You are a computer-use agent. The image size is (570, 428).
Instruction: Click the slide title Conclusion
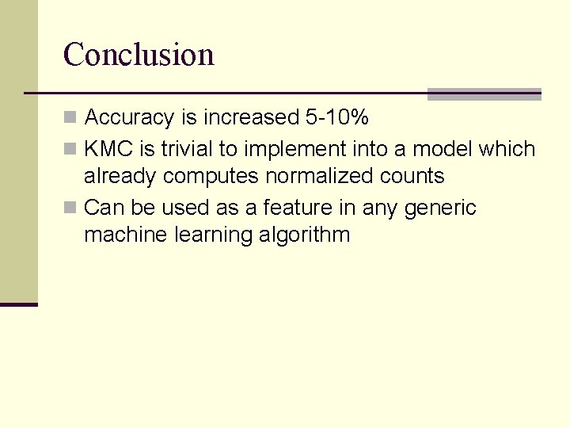(x=139, y=55)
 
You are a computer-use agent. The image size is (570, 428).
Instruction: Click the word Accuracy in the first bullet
(x=129, y=118)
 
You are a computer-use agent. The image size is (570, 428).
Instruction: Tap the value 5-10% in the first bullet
(x=337, y=118)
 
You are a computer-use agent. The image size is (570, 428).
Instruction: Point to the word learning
(x=207, y=235)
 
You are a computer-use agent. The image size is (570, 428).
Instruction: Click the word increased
(x=251, y=118)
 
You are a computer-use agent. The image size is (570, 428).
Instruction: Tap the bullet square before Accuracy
(x=70, y=118)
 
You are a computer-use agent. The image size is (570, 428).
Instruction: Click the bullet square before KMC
(x=70, y=149)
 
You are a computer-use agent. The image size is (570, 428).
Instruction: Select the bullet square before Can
(x=70, y=208)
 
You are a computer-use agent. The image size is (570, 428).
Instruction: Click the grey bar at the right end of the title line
(x=484, y=94)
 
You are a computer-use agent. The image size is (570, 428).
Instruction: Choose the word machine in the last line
(x=122, y=235)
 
